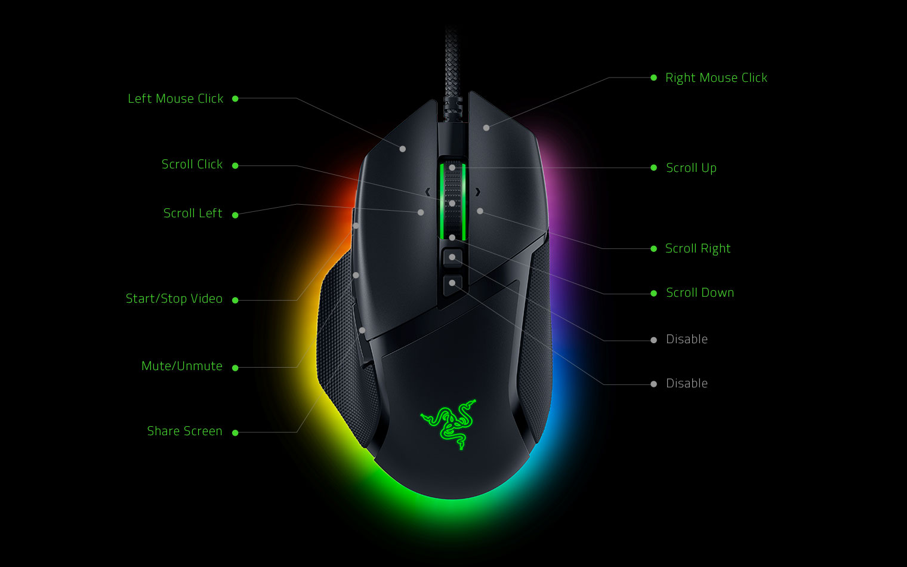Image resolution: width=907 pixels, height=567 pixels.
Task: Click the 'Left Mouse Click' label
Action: pos(175,98)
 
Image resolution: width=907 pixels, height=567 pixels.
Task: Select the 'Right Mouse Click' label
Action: pos(716,78)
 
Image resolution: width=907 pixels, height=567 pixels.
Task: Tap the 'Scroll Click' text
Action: pos(192,165)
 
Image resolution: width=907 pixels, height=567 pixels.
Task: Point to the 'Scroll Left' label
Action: pos(193,213)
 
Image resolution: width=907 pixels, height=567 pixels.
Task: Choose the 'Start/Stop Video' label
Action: pos(174,298)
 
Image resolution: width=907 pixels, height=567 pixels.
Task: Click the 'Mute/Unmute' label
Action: pos(182,366)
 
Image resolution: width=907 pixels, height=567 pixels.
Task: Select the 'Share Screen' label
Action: pos(184,431)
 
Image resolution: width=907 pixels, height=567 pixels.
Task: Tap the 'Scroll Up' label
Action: pos(691,168)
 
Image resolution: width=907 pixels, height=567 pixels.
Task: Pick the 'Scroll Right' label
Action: pos(698,248)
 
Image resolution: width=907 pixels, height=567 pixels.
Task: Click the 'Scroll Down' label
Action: pos(700,292)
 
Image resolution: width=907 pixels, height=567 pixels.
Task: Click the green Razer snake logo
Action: pos(449,424)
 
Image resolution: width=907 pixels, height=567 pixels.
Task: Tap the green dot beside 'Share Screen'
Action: pos(235,433)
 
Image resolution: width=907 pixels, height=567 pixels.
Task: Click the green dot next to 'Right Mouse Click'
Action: pos(653,78)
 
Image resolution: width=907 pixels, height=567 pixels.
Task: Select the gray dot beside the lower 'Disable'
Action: pos(653,384)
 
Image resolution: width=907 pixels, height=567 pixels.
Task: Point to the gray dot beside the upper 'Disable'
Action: pos(653,340)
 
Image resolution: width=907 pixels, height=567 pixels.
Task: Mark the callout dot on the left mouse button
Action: pos(402,149)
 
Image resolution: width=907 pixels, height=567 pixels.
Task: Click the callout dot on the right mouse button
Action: pos(486,128)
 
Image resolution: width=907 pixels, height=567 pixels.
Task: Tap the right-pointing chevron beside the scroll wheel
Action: pos(478,192)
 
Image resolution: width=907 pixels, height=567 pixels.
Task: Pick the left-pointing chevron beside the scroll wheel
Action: pos(428,192)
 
